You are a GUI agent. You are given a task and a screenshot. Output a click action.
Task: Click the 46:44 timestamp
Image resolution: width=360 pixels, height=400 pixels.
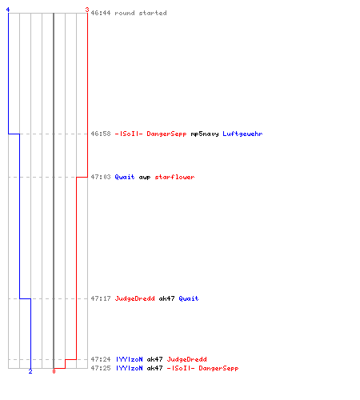(101, 13)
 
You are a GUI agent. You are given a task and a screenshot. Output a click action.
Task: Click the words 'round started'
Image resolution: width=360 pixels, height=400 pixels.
(141, 13)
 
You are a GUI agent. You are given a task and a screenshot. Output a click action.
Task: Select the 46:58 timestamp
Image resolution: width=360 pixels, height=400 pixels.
(101, 134)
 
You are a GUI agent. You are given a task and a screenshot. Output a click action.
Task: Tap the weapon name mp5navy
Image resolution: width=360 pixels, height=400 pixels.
(205, 134)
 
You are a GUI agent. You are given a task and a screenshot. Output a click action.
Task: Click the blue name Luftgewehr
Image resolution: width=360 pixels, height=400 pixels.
(242, 134)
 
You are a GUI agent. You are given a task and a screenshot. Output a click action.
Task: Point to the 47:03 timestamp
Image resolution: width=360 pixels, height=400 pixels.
(101, 177)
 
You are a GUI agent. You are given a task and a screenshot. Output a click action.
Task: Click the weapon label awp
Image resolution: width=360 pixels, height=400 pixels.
(145, 178)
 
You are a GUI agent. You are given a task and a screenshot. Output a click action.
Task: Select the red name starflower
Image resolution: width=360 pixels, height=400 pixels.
(174, 177)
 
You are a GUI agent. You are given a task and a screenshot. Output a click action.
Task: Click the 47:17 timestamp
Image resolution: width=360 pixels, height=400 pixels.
(101, 298)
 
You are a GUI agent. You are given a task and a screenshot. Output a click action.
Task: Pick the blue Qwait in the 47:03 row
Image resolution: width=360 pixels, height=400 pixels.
(125, 177)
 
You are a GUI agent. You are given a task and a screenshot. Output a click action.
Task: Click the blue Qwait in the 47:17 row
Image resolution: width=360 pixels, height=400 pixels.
(189, 298)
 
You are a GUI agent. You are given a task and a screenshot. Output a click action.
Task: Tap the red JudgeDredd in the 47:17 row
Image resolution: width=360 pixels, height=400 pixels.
(134, 298)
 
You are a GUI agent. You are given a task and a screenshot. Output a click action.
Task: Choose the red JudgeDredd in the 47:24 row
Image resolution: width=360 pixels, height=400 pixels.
(186, 359)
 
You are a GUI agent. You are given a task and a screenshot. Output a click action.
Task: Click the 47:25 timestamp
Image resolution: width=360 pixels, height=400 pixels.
(101, 368)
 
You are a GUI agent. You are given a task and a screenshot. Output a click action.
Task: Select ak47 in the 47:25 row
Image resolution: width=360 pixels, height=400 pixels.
(154, 368)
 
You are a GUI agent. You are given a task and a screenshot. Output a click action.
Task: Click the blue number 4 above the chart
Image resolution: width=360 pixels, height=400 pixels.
(8, 10)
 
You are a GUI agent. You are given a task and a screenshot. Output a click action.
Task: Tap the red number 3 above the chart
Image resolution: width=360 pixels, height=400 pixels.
(87, 10)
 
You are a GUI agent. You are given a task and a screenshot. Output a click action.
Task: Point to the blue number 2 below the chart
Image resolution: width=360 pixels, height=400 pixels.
(30, 371)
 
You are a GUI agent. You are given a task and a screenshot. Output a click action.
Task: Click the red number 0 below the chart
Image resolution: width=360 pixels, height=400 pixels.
(54, 371)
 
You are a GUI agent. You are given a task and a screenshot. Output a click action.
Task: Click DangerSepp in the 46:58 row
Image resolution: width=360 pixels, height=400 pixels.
(166, 134)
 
